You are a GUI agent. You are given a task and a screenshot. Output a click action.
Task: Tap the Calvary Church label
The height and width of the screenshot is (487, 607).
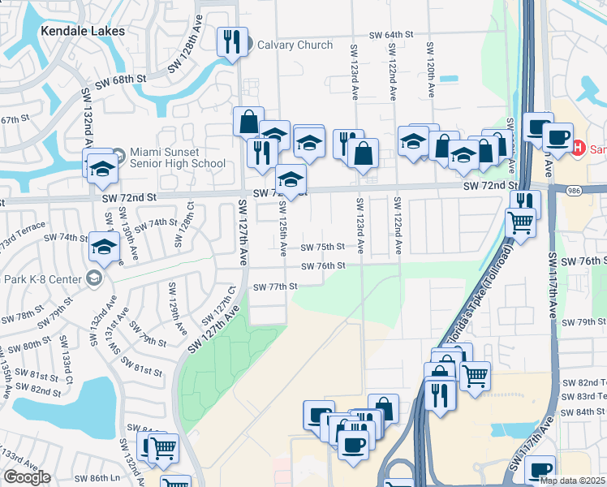point(295,45)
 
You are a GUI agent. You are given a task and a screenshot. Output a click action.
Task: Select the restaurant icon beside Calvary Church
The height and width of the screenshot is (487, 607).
point(233,41)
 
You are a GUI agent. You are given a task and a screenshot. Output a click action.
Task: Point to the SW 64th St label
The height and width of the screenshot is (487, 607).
point(391,35)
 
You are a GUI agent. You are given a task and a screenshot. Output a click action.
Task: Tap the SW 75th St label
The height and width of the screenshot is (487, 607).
point(323,247)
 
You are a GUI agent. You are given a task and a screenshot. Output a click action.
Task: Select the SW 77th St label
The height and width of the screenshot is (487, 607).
point(275,287)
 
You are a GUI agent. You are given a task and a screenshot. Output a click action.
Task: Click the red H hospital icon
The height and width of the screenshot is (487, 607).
point(579,149)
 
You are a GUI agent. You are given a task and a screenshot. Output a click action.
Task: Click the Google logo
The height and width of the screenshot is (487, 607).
point(27,476)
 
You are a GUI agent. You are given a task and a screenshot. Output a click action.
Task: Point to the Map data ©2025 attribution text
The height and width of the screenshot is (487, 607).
point(573,481)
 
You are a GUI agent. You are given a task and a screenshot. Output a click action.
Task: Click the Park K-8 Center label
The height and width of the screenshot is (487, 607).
point(44,279)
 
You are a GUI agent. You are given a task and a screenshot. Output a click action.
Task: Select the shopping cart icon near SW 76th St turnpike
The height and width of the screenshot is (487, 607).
point(520,222)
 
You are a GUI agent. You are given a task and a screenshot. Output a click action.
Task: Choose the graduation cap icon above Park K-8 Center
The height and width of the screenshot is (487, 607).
point(104,248)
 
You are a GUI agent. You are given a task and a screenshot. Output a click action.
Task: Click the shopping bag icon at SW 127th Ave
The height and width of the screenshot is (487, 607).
point(248,123)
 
